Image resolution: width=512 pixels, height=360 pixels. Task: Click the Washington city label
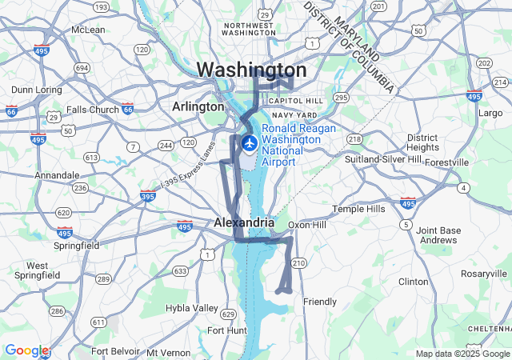tap(250, 70)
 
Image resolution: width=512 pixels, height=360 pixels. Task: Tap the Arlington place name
tap(198, 106)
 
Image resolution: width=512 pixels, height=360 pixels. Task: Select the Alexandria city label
tap(244, 222)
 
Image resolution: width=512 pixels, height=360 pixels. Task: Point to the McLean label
tap(88, 30)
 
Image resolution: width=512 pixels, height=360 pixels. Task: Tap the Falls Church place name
tap(93, 110)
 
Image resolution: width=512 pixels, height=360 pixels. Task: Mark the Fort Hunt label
tap(226, 330)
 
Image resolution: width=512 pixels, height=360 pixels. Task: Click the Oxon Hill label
tap(307, 225)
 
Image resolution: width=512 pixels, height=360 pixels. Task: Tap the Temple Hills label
tap(358, 209)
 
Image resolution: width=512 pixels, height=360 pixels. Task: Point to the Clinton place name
tap(414, 282)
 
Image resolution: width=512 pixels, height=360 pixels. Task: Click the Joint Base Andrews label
tap(438, 235)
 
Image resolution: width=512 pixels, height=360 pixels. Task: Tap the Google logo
tap(26, 350)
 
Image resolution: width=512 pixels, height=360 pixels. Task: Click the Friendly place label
tap(320, 302)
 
